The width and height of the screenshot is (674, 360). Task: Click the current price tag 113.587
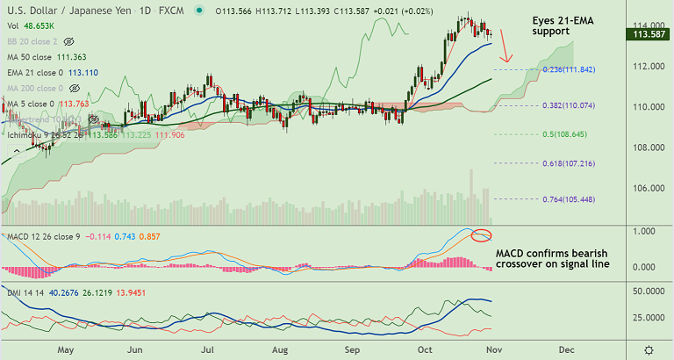coord(648,34)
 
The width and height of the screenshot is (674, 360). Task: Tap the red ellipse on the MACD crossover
coord(480,235)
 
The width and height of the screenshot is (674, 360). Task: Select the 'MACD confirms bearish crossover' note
coord(552,258)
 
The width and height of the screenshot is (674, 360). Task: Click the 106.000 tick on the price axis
coord(648,188)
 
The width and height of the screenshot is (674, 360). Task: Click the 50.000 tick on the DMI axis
coord(648,291)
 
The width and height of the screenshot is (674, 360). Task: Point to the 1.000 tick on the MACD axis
coord(648,231)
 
